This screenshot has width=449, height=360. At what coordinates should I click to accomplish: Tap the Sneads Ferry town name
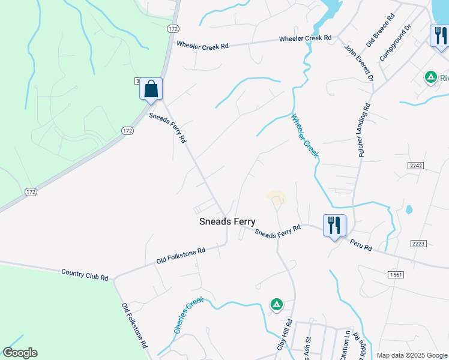tap(228, 221)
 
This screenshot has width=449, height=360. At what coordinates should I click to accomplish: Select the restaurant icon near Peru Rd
tap(334, 226)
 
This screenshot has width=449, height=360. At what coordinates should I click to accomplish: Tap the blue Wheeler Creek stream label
tap(305, 136)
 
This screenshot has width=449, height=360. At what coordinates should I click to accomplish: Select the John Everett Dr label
tap(359, 62)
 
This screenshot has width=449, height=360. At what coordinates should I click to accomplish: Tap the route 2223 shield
tap(418, 243)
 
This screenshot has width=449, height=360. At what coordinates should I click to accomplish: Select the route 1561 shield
tap(395, 274)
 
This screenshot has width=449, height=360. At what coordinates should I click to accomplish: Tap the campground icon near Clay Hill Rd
tap(276, 305)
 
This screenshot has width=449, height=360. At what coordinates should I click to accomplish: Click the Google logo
tap(20, 353)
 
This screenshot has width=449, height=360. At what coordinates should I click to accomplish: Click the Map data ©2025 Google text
tap(411, 355)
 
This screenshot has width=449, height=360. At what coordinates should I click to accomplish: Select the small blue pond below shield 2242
tap(409, 210)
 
